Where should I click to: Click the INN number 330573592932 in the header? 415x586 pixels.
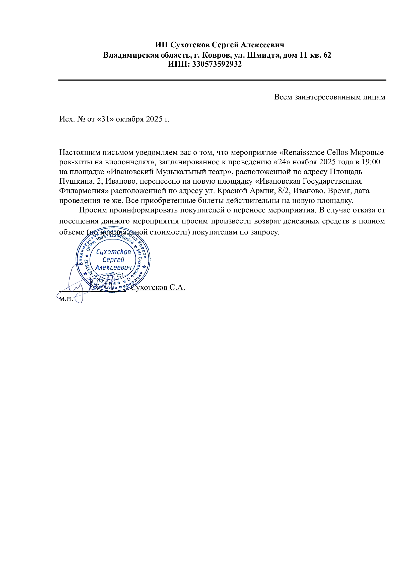point(217,64)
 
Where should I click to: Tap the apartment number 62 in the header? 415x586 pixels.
point(327,55)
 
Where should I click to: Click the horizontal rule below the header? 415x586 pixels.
point(222,80)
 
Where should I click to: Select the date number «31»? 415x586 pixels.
point(105,119)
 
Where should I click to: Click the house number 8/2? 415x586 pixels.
point(285,191)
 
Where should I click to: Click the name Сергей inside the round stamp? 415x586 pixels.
point(113,260)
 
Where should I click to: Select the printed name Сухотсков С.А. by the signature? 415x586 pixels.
point(158,287)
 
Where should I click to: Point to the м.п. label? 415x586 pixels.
point(66,299)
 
